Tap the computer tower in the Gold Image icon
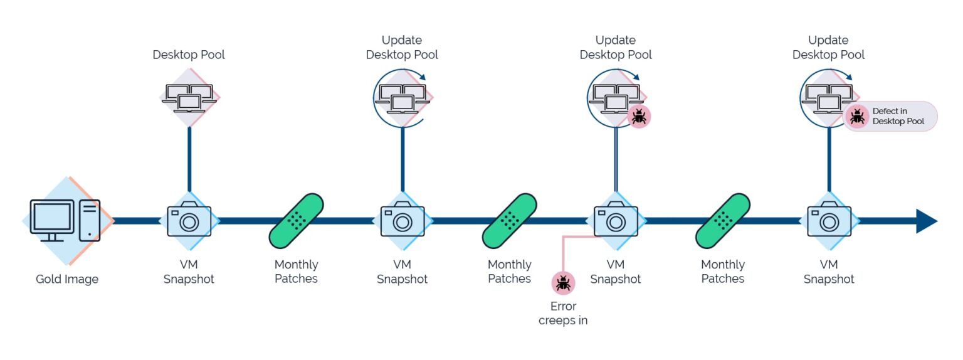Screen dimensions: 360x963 coord(90,220)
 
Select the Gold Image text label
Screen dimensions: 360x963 coord(67,279)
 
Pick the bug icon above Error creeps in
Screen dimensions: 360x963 coord(562,283)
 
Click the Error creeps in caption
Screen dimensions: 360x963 coord(562,314)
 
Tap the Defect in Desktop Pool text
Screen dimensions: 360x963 coord(898,116)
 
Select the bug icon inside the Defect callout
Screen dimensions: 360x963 coord(857,116)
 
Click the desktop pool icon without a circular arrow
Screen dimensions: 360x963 coord(189,97)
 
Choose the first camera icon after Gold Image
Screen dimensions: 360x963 coord(189,221)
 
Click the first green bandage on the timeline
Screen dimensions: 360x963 coord(296,221)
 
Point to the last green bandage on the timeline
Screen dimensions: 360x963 coord(723,221)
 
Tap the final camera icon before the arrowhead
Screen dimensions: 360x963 coord(829,221)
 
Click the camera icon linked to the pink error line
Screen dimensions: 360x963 coord(616,221)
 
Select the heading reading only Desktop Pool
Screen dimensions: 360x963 coord(189,55)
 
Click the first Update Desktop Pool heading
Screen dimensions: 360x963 coord(402,48)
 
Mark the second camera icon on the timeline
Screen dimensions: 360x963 coord(402,221)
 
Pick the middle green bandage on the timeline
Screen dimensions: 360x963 coord(509,221)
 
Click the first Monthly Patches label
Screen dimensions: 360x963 coord(296,272)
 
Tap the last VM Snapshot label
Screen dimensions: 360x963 coord(829,272)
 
